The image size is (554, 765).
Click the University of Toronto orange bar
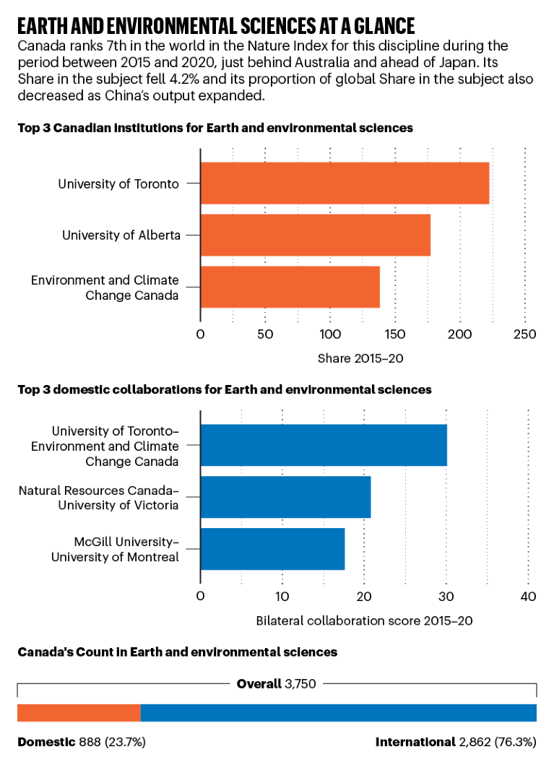click(x=345, y=183)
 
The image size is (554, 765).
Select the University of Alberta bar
click(x=315, y=235)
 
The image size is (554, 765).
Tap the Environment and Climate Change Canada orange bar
click(x=290, y=287)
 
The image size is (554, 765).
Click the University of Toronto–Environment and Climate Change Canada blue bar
click(x=323, y=445)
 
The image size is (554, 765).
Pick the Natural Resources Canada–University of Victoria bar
click(x=285, y=497)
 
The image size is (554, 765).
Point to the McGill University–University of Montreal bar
click(x=272, y=549)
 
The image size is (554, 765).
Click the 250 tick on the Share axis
click(x=525, y=334)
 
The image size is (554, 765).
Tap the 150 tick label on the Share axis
click(x=395, y=334)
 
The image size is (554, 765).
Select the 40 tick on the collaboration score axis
click(x=528, y=597)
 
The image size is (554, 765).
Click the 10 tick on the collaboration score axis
click(x=282, y=597)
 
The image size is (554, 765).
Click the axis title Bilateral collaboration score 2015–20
click(x=364, y=620)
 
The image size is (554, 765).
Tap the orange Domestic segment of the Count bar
click(x=79, y=712)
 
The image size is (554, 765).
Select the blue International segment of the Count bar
click(x=338, y=712)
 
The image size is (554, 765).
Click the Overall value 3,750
click(x=300, y=683)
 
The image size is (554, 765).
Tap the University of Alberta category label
click(x=121, y=235)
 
